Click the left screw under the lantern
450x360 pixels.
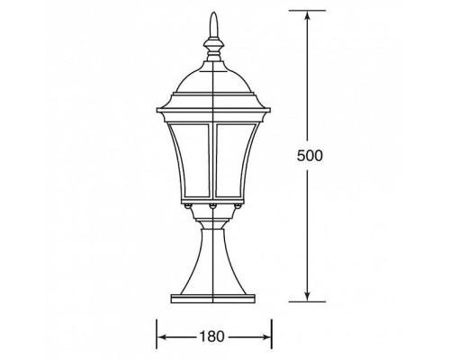188,206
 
